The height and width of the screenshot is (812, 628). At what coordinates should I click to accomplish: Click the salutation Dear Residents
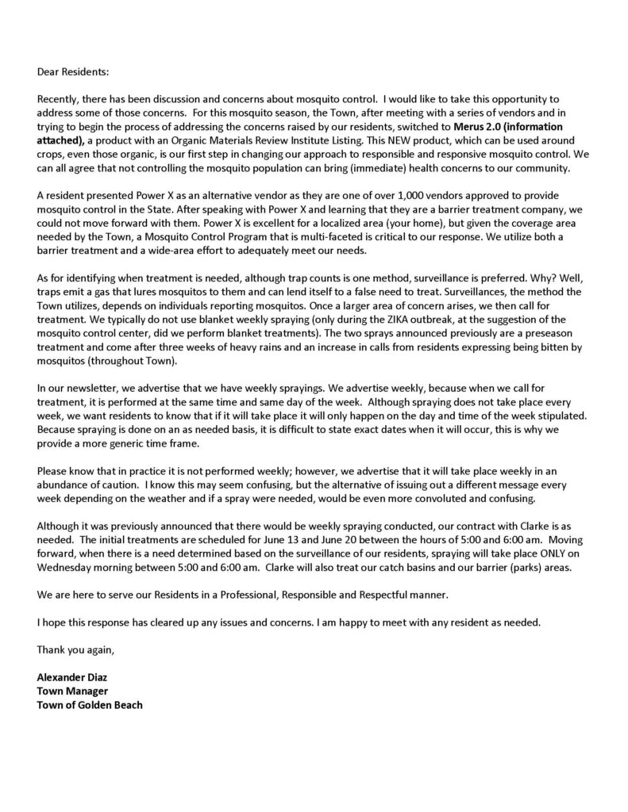pyautogui.click(x=72, y=71)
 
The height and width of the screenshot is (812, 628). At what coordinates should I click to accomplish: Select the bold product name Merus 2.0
pyautogui.click(x=484, y=125)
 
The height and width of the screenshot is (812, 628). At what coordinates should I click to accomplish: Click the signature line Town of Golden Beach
pyautogui.click(x=90, y=704)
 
